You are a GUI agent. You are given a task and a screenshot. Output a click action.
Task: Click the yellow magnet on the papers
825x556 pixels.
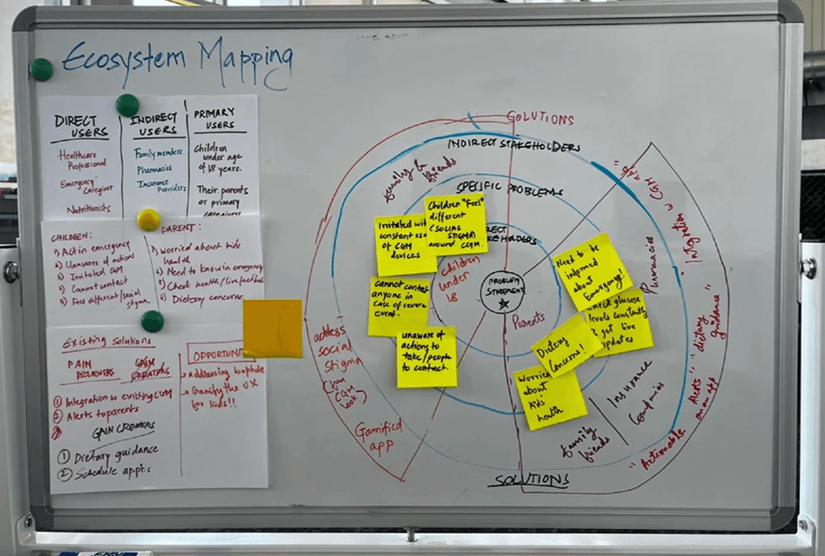[149, 220]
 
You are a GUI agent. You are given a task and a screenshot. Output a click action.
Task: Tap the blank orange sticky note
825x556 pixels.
[272, 329]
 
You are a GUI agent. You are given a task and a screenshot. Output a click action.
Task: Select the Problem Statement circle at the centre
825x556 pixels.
[502, 291]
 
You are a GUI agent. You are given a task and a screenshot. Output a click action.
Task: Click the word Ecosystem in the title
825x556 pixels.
[123, 59]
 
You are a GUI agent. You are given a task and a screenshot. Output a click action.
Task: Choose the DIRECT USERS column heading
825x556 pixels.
[80, 126]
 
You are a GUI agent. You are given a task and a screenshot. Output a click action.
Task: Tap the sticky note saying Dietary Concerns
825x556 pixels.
[566, 344]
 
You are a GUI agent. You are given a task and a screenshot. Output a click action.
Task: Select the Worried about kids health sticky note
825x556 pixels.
[550, 397]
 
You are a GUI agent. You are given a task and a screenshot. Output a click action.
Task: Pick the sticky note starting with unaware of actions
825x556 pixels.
[426, 356]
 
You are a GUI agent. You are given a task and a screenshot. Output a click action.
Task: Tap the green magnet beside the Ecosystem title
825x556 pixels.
[41, 70]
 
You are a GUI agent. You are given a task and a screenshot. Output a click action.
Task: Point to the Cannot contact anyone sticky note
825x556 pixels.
[398, 306]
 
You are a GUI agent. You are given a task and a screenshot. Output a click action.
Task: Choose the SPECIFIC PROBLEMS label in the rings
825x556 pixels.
[510, 188]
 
